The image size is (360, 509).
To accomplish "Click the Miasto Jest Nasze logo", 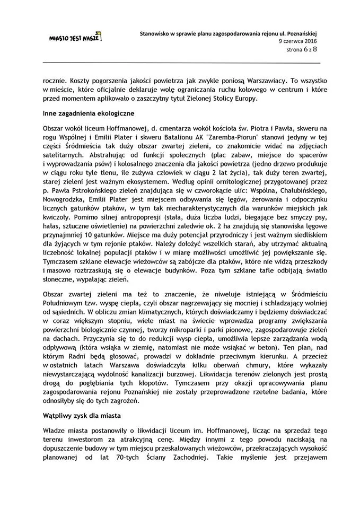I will click(x=75, y=37).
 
